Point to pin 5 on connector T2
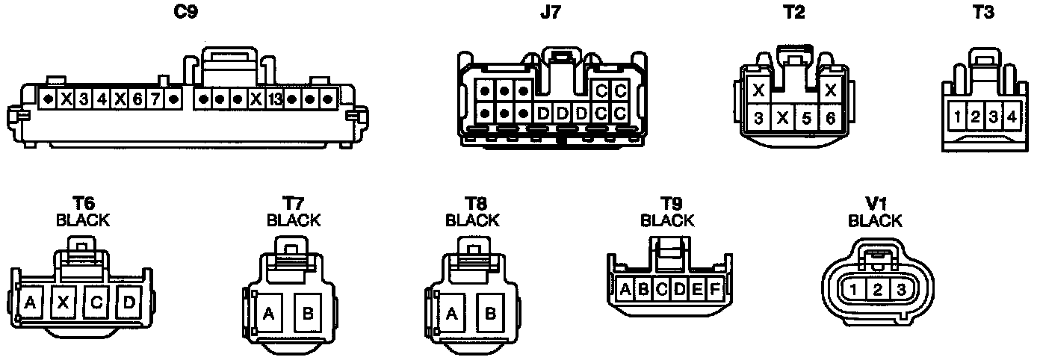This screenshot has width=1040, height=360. point(806,118)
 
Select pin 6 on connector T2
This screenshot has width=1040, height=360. point(829,118)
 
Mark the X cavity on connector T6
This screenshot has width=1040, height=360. point(64,302)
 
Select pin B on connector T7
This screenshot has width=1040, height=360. point(308,314)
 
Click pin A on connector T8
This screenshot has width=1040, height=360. point(451,314)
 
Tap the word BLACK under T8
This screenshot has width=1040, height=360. point(471,220)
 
